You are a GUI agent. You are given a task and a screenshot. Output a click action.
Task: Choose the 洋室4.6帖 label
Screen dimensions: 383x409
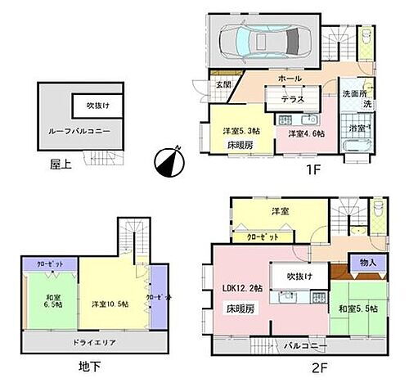(303, 132)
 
